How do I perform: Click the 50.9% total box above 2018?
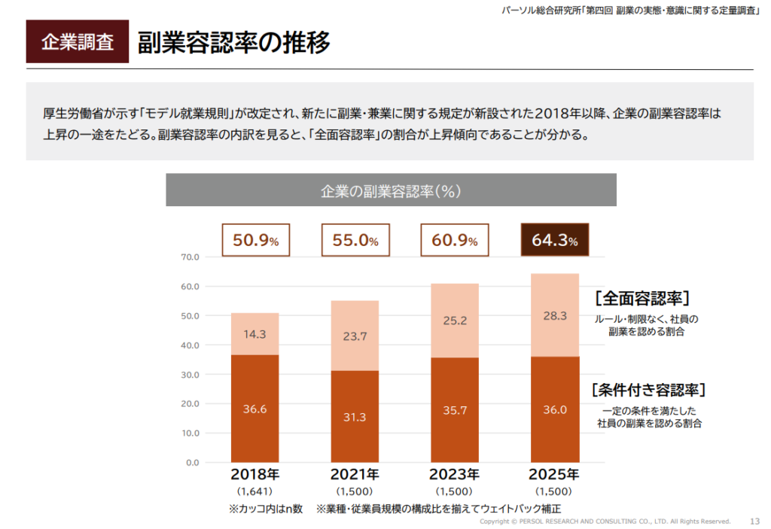pyautogui.click(x=255, y=241)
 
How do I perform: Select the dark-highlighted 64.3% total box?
pyautogui.click(x=554, y=241)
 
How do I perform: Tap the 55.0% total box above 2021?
pyautogui.click(x=355, y=241)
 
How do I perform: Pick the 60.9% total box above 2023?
pyautogui.click(x=455, y=241)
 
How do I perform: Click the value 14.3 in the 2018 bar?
pyautogui.click(x=254, y=334)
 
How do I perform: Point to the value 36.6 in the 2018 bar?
pyautogui.click(x=254, y=409)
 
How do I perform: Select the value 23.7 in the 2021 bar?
pyautogui.click(x=355, y=336)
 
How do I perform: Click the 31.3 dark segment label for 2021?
pyautogui.click(x=355, y=416)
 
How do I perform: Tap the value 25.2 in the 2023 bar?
pyautogui.click(x=455, y=321)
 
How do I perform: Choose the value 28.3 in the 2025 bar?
pyautogui.click(x=554, y=316)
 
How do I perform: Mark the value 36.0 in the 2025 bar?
pyautogui.click(x=554, y=409)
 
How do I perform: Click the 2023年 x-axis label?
pyautogui.click(x=455, y=475)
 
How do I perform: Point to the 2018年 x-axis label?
pyautogui.click(x=254, y=475)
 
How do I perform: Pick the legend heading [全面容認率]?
pyautogui.click(x=641, y=297)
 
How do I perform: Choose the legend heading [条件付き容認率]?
pyautogui.click(x=648, y=390)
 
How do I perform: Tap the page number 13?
pyautogui.click(x=755, y=521)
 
